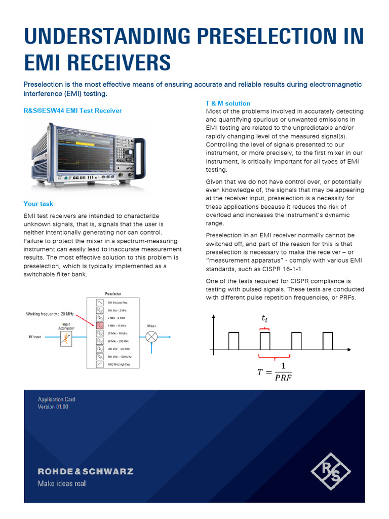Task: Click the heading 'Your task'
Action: pos(38,204)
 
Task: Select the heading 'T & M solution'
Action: pos(227,103)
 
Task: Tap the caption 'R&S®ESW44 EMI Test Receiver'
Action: pos(72,110)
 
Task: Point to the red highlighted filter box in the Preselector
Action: pos(100,325)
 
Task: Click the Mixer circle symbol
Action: pos(151,337)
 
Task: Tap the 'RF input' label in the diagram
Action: pos(35,337)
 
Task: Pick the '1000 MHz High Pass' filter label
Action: pos(120,364)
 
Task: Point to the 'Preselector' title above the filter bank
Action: pos(112,293)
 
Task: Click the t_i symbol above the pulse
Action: pos(264,319)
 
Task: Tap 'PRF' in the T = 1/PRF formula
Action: pos(283,377)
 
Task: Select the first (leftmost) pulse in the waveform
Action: pos(234,341)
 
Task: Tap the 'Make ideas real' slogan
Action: pos(62,483)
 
